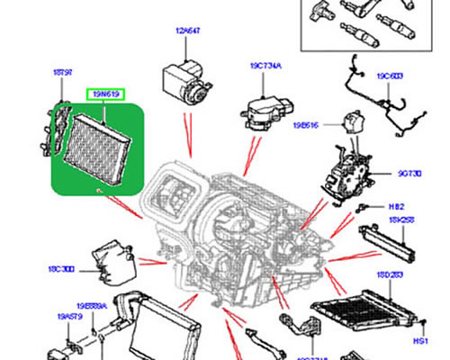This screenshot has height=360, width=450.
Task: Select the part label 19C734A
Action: [265, 66]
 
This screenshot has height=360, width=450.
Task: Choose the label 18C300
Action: [62, 268]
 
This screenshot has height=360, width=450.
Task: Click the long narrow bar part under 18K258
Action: [389, 240]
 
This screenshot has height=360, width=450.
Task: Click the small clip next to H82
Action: [364, 208]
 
